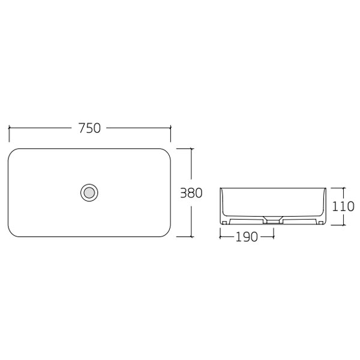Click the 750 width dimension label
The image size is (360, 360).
tap(89, 128)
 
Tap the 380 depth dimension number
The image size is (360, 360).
tap(191, 193)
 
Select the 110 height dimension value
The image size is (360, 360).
tap(344, 206)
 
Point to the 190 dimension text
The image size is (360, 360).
tap(247, 237)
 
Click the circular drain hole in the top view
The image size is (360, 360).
tap(89, 193)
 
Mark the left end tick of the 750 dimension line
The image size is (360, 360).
tap(9, 128)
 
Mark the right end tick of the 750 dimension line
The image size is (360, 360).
tap(171, 128)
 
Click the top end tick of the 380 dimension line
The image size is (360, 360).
tap(191, 148)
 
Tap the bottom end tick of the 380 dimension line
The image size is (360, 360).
tap(191, 238)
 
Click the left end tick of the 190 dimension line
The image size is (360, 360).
tap(220, 237)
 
